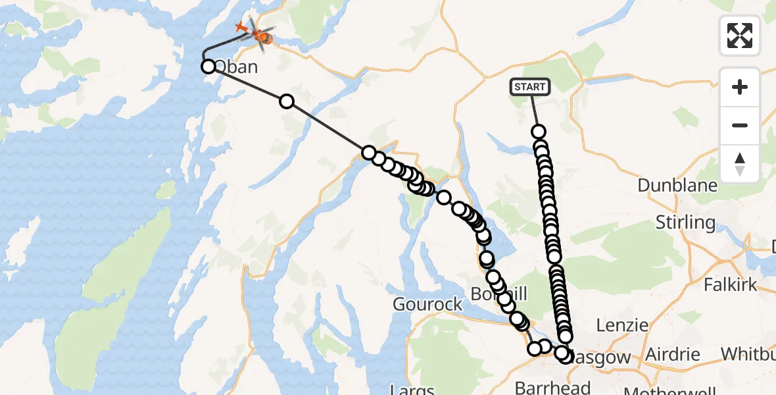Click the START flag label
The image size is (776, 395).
point(530,86)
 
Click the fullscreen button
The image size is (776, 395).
point(740,35)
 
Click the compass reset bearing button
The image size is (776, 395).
point(740,163)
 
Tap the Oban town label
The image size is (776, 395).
point(237,67)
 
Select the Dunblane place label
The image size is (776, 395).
point(677,185)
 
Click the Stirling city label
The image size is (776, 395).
point(685,222)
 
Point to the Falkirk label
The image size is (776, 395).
point(731,285)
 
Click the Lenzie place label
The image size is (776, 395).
point(622,325)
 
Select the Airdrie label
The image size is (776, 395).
point(672,354)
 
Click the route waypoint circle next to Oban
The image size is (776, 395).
point(208,66)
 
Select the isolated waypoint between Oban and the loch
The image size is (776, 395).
point(286,101)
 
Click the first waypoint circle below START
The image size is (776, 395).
point(539,132)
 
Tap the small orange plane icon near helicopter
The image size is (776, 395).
point(240,28)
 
